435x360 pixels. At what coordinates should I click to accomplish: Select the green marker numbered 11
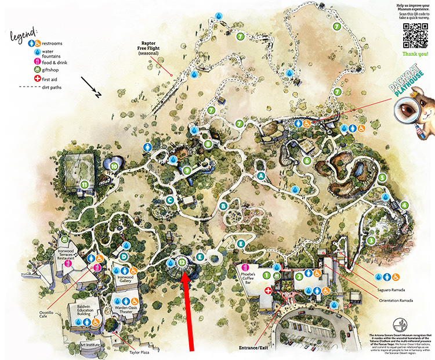[x=85, y=186]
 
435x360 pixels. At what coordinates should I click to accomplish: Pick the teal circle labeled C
[x=170, y=200]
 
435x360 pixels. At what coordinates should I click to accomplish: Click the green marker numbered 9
[x=187, y=171]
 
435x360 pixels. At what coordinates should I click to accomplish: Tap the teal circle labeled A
[x=261, y=175]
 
